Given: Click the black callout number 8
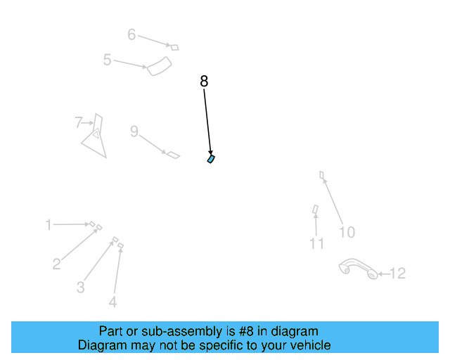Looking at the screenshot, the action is (204, 82).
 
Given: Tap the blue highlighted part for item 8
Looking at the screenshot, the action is (211, 159).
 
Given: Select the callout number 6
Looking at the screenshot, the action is (131, 34).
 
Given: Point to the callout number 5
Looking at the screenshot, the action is (107, 60).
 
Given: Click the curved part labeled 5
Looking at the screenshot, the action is (160, 67).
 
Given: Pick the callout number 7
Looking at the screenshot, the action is (79, 123).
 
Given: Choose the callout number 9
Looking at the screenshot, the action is (134, 131).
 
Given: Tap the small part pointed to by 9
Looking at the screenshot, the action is (172, 154).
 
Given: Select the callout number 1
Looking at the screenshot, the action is (49, 225).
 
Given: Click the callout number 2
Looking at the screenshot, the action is (56, 264).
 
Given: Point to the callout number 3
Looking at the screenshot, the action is (81, 287).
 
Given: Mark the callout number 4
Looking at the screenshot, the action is (112, 302).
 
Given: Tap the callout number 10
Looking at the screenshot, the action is (347, 232).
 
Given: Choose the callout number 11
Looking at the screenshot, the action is (317, 243).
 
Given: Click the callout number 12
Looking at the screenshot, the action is (397, 274).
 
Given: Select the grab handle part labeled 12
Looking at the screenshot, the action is (359, 268).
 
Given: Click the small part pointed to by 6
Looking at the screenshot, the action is (175, 47).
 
